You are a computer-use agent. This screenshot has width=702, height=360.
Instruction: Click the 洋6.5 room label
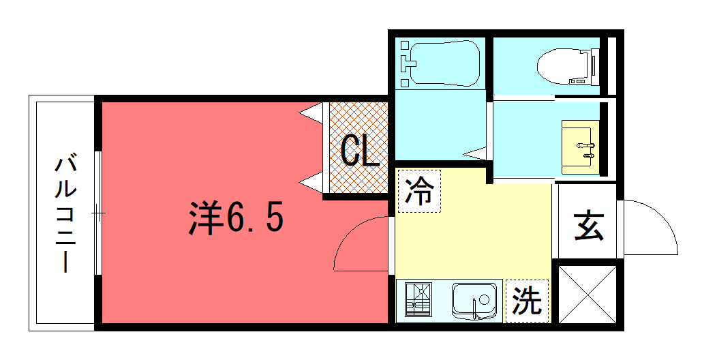[236, 218]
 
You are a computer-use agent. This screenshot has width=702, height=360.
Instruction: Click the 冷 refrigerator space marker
[420, 191]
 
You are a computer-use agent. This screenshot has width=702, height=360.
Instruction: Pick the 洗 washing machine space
[527, 301]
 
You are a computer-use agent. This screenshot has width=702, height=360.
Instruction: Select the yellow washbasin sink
[581, 147]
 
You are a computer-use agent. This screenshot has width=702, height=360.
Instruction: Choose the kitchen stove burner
[421, 299]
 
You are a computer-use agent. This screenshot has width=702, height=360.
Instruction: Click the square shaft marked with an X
[587, 294]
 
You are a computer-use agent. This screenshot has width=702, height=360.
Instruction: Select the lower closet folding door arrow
[311, 182]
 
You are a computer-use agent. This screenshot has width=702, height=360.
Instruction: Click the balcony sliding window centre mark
[99, 213]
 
